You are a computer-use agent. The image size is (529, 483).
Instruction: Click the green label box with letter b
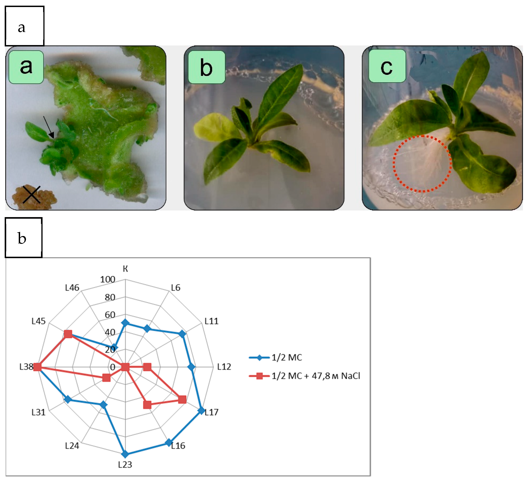tap(207, 67)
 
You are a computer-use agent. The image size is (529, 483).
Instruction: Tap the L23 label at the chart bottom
tap(125, 465)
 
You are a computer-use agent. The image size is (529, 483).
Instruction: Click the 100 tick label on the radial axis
tap(108, 280)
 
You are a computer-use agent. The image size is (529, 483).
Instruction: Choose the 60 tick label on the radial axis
tap(110, 315)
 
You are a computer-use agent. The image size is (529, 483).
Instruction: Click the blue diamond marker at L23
tap(126, 454)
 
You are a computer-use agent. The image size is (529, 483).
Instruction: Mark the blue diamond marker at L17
tap(201, 411)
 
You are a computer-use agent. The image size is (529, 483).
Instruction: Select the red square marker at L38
tap(38, 367)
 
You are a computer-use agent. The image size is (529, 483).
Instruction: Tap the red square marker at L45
tap(68, 334)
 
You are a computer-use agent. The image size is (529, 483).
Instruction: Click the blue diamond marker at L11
tap(182, 334)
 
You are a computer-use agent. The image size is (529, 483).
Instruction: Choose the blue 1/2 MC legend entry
tap(275, 357)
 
